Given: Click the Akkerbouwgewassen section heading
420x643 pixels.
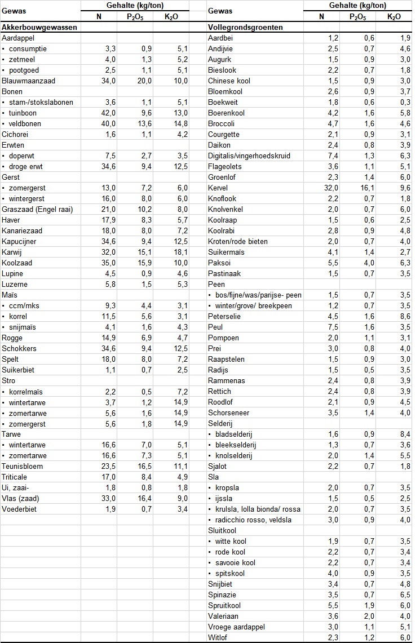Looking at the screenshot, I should point(39,27).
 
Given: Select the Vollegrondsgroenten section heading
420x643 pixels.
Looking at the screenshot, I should point(246,27).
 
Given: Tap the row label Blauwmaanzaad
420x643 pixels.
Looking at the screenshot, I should point(28,81).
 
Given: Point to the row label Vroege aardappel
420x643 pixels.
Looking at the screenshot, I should point(236,626).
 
